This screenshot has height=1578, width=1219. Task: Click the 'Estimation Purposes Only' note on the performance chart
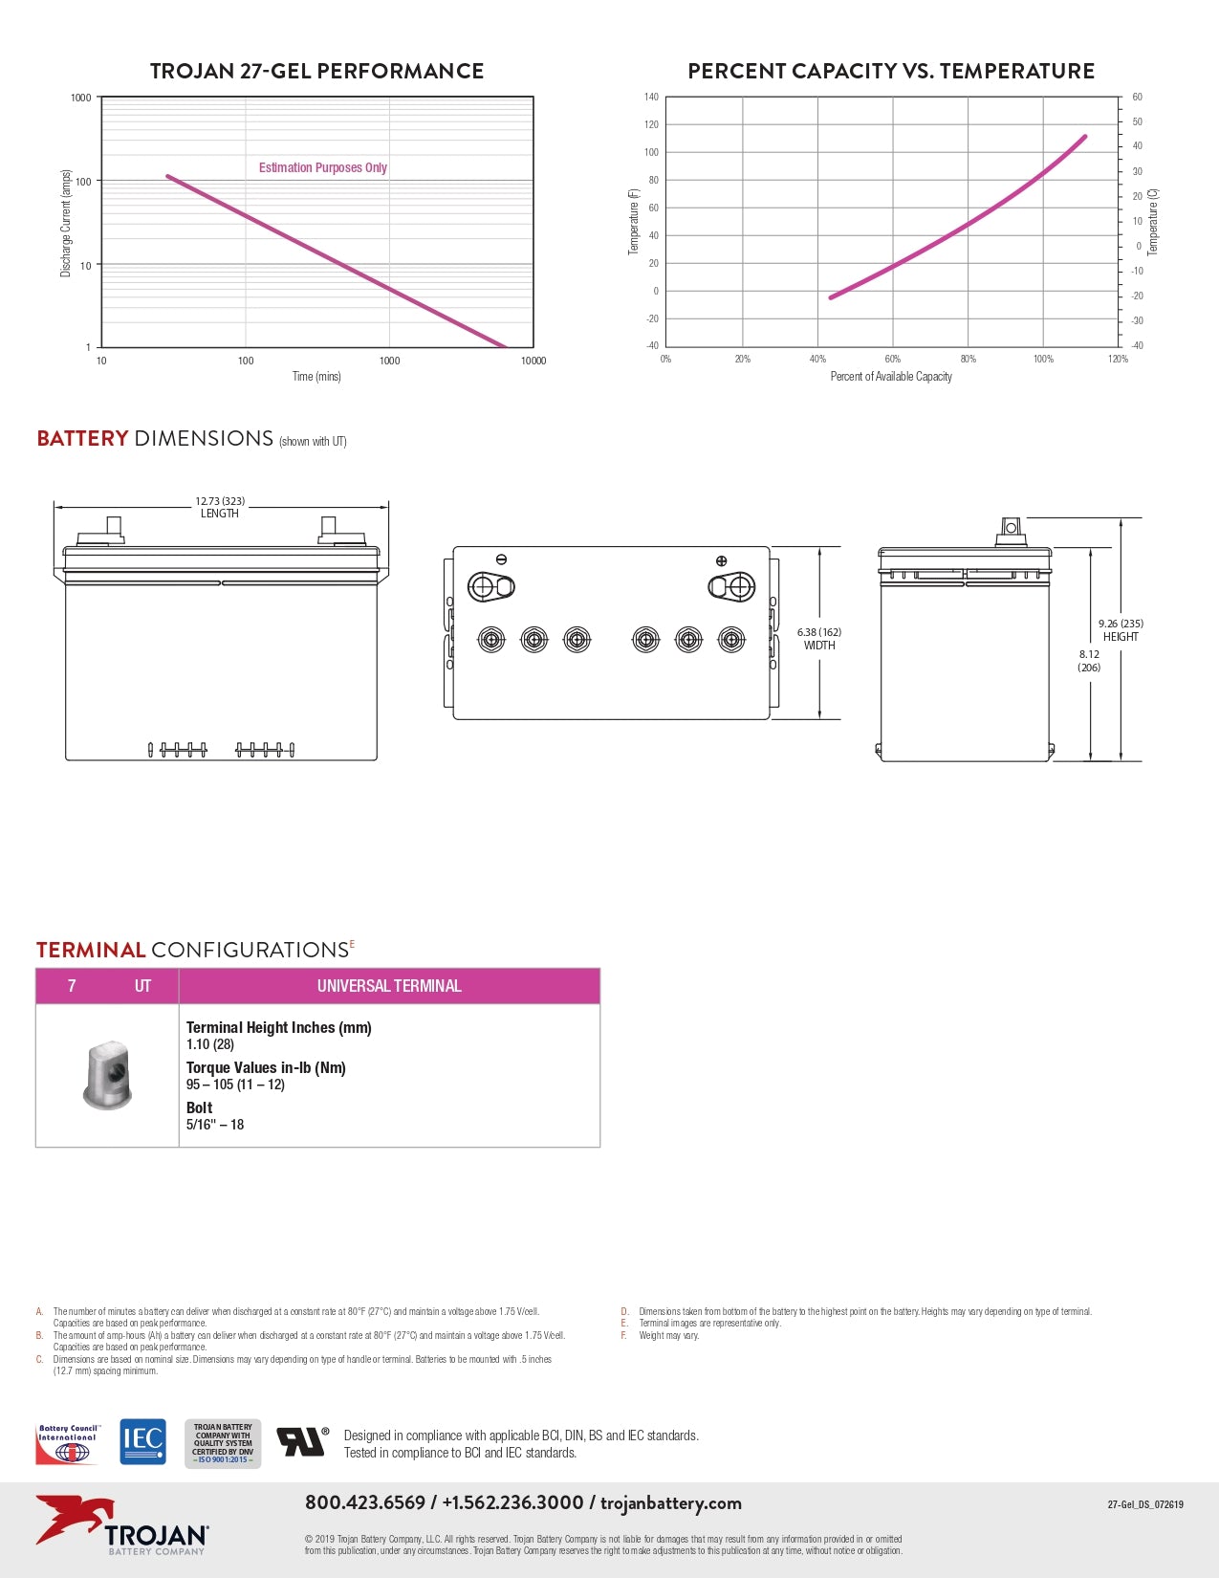point(322,167)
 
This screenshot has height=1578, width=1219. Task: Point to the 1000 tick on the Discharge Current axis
point(81,98)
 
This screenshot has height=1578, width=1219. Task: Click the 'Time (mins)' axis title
point(316,376)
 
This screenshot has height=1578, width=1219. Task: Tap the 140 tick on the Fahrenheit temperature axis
point(651,97)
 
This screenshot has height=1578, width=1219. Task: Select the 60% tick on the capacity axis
point(892,360)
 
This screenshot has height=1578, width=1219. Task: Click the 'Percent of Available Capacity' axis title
point(891,377)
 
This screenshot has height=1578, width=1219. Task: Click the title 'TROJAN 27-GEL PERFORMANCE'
point(316,71)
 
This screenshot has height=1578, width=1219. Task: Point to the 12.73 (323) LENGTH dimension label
point(220,507)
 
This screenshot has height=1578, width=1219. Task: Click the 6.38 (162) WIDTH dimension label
point(819,639)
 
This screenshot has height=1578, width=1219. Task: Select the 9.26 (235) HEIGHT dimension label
point(1121,629)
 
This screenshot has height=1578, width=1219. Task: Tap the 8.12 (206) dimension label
point(1089,661)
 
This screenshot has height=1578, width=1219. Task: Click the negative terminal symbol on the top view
point(501,559)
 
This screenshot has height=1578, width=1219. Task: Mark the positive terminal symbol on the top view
point(721,560)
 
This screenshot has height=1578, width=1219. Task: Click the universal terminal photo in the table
point(107,1076)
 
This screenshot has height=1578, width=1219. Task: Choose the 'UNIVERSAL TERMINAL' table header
point(389,986)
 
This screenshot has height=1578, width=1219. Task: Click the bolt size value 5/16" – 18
point(215,1125)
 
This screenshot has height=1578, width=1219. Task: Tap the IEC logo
point(142,1441)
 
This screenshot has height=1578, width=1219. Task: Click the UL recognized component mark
point(302,1441)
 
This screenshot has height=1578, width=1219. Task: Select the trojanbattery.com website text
point(671,1502)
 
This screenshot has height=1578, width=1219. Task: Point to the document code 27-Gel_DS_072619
point(1144,1504)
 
